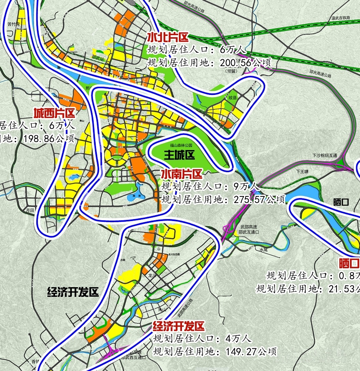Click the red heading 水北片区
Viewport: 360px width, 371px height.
168,37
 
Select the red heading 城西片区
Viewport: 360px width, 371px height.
54,114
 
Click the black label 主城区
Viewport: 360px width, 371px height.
179,155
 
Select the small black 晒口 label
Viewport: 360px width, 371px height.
340,202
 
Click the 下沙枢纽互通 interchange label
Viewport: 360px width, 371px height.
324,155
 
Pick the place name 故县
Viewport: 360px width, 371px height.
233,97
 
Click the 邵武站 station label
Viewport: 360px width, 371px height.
98,58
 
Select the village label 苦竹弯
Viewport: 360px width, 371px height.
13,24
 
